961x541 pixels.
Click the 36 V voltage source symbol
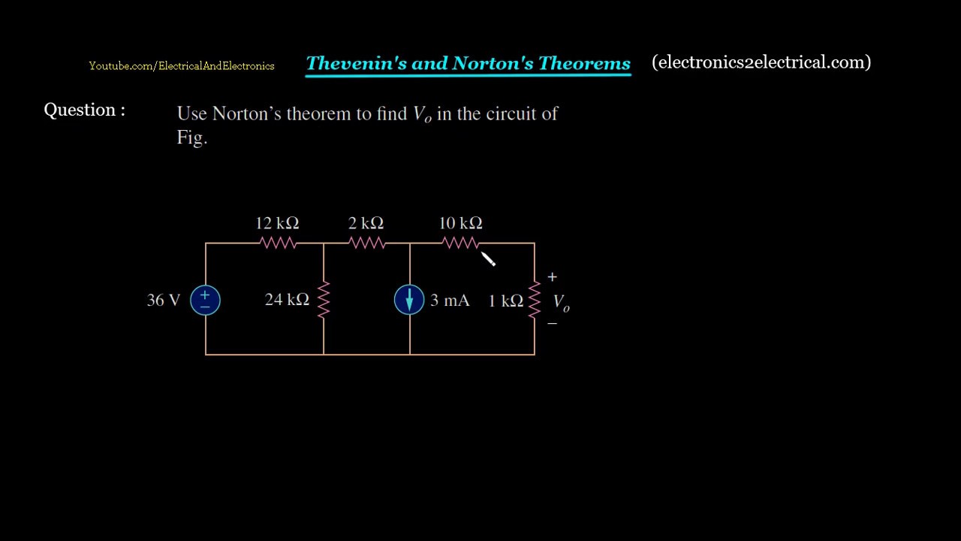point(205,300)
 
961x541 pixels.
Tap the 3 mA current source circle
point(409,300)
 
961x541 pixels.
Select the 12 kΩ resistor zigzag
point(279,243)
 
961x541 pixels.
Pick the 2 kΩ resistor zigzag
point(367,243)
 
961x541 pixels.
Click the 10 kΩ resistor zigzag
point(461,243)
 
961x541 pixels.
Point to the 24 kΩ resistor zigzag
point(324,300)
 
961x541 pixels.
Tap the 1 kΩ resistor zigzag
point(534,300)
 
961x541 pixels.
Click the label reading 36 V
point(164,300)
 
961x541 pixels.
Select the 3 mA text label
point(450,300)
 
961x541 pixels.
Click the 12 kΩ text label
point(277,223)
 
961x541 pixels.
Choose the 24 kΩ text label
point(287,300)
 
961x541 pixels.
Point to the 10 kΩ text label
point(461,223)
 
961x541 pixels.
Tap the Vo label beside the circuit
point(561,302)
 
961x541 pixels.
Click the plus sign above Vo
point(552,277)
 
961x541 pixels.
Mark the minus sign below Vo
point(552,323)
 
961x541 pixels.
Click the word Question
point(80,110)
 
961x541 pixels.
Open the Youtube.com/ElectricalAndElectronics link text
point(182,65)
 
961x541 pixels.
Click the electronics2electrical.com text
point(761,62)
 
